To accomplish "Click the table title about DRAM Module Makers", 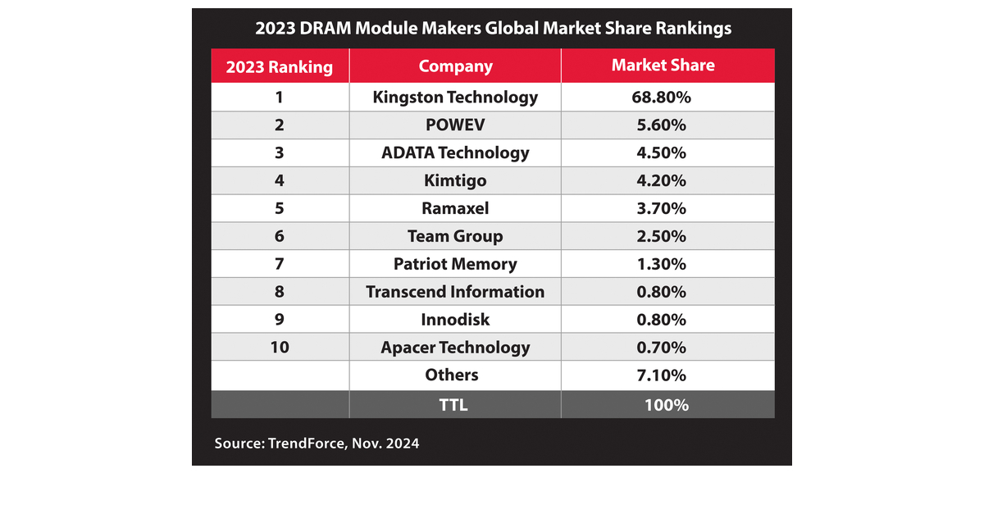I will click(492, 28).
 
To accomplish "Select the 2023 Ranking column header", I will click(279, 66).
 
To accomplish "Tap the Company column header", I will click(455, 66).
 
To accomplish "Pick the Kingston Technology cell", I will click(455, 97).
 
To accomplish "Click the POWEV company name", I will click(455, 125).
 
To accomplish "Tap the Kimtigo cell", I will click(455, 180).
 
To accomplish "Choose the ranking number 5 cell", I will click(279, 208).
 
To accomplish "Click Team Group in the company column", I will click(455, 236).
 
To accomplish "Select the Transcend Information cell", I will click(455, 292).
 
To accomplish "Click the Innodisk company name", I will click(455, 320).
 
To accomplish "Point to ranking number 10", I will click(279, 348).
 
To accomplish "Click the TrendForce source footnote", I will click(317, 443).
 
